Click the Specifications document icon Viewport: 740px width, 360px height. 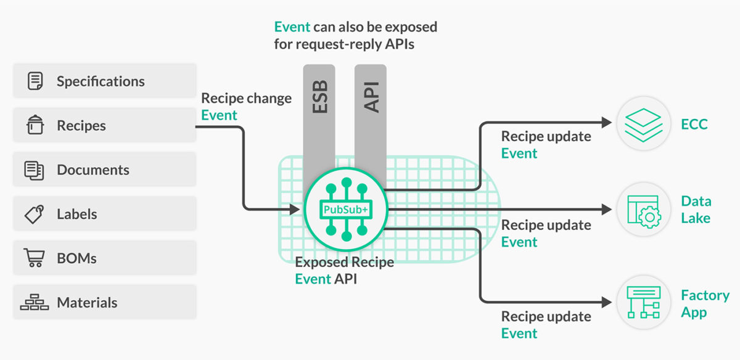36,81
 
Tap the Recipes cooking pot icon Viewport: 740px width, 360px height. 35,125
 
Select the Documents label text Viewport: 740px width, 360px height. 93,170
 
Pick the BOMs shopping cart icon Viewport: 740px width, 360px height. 34,258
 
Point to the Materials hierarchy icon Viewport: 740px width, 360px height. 35,303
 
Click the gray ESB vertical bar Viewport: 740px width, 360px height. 319,117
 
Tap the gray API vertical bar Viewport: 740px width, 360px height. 371,117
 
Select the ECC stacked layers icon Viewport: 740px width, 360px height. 643,124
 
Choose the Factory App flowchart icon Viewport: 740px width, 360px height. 643,302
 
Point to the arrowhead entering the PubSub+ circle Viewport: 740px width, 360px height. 295,210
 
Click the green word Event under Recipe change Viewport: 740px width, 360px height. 219,115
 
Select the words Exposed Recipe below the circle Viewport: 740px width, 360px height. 344,262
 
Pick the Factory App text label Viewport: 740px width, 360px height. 704,304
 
